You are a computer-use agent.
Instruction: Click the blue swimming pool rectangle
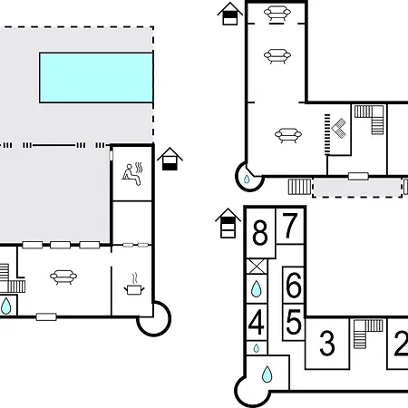(96, 78)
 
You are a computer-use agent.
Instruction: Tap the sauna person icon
(132, 174)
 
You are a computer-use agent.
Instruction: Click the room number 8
(260, 232)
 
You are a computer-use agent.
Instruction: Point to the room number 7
(289, 225)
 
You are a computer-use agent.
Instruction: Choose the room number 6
(294, 285)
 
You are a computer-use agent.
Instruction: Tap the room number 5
(294, 322)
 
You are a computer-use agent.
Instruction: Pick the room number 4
(257, 322)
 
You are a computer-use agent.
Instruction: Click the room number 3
(327, 343)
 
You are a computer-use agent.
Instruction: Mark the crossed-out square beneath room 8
(257, 267)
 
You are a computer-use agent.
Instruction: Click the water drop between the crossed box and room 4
(256, 288)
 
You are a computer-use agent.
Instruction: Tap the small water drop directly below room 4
(257, 348)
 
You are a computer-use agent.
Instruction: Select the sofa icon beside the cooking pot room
(63, 277)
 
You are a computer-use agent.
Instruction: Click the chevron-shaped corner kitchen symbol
(339, 128)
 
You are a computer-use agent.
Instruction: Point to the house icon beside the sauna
(170, 159)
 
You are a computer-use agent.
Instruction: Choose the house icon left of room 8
(228, 223)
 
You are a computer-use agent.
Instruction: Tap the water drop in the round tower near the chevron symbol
(247, 180)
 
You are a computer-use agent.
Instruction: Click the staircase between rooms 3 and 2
(368, 334)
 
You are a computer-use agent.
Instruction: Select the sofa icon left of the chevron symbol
(288, 135)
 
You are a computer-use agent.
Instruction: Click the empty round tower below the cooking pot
(154, 319)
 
